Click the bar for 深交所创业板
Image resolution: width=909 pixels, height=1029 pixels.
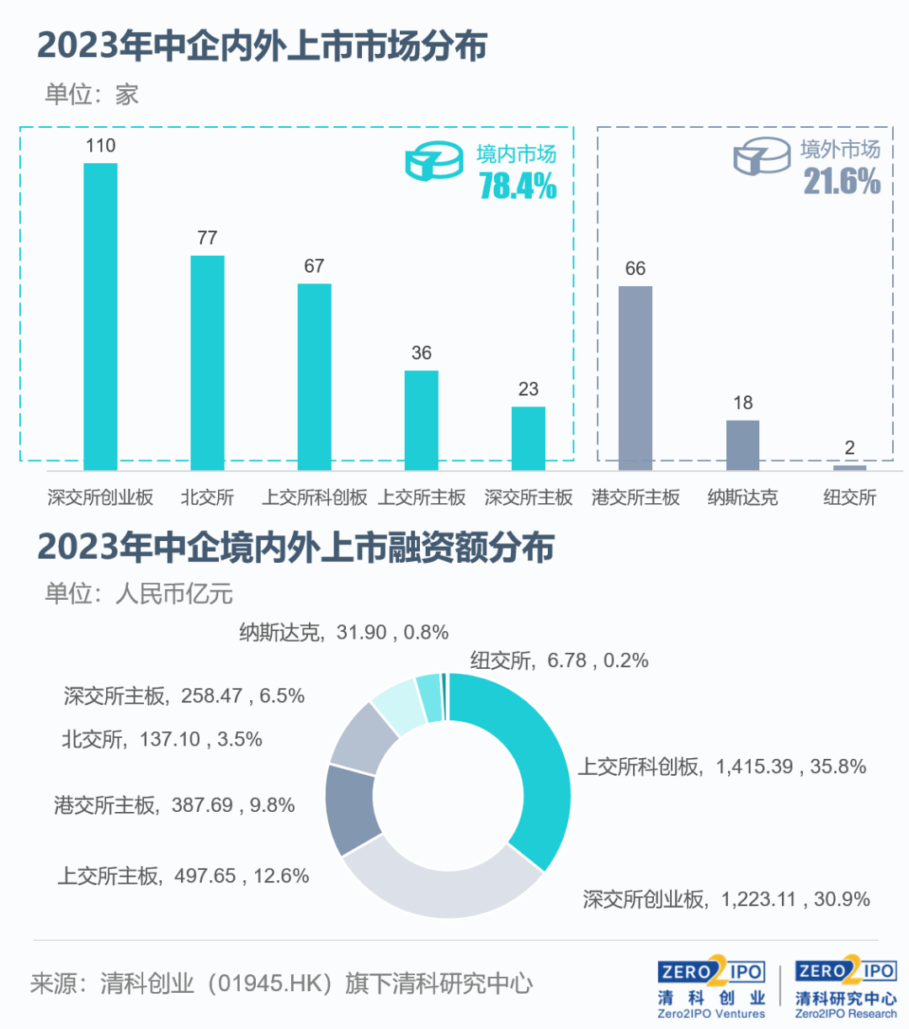[100, 316]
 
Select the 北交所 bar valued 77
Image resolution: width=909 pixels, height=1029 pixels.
[207, 363]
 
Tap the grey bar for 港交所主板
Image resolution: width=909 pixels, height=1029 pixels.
[635, 378]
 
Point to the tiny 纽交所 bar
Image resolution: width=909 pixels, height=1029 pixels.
[849, 468]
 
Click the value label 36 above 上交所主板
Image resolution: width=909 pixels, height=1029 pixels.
[421, 353]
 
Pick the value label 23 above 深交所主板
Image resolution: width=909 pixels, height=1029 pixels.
[529, 389]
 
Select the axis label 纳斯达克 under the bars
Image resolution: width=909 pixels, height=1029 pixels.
[742, 497]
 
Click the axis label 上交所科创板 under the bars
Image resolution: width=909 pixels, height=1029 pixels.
[315, 497]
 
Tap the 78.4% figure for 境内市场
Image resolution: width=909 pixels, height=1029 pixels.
[518, 186]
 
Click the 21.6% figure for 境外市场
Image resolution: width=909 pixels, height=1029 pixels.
[842, 182]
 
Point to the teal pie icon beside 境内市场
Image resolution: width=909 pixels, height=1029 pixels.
[434, 161]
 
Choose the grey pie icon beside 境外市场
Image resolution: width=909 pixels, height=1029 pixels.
[762, 156]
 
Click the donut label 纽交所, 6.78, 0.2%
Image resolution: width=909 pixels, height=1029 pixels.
[559, 660]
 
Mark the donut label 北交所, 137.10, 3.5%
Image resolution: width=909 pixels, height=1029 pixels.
[162, 740]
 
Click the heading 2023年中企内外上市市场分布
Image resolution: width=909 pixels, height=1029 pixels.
[263, 45]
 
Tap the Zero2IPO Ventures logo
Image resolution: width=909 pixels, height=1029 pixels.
[711, 988]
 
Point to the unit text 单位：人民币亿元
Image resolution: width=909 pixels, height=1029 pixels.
[139, 593]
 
